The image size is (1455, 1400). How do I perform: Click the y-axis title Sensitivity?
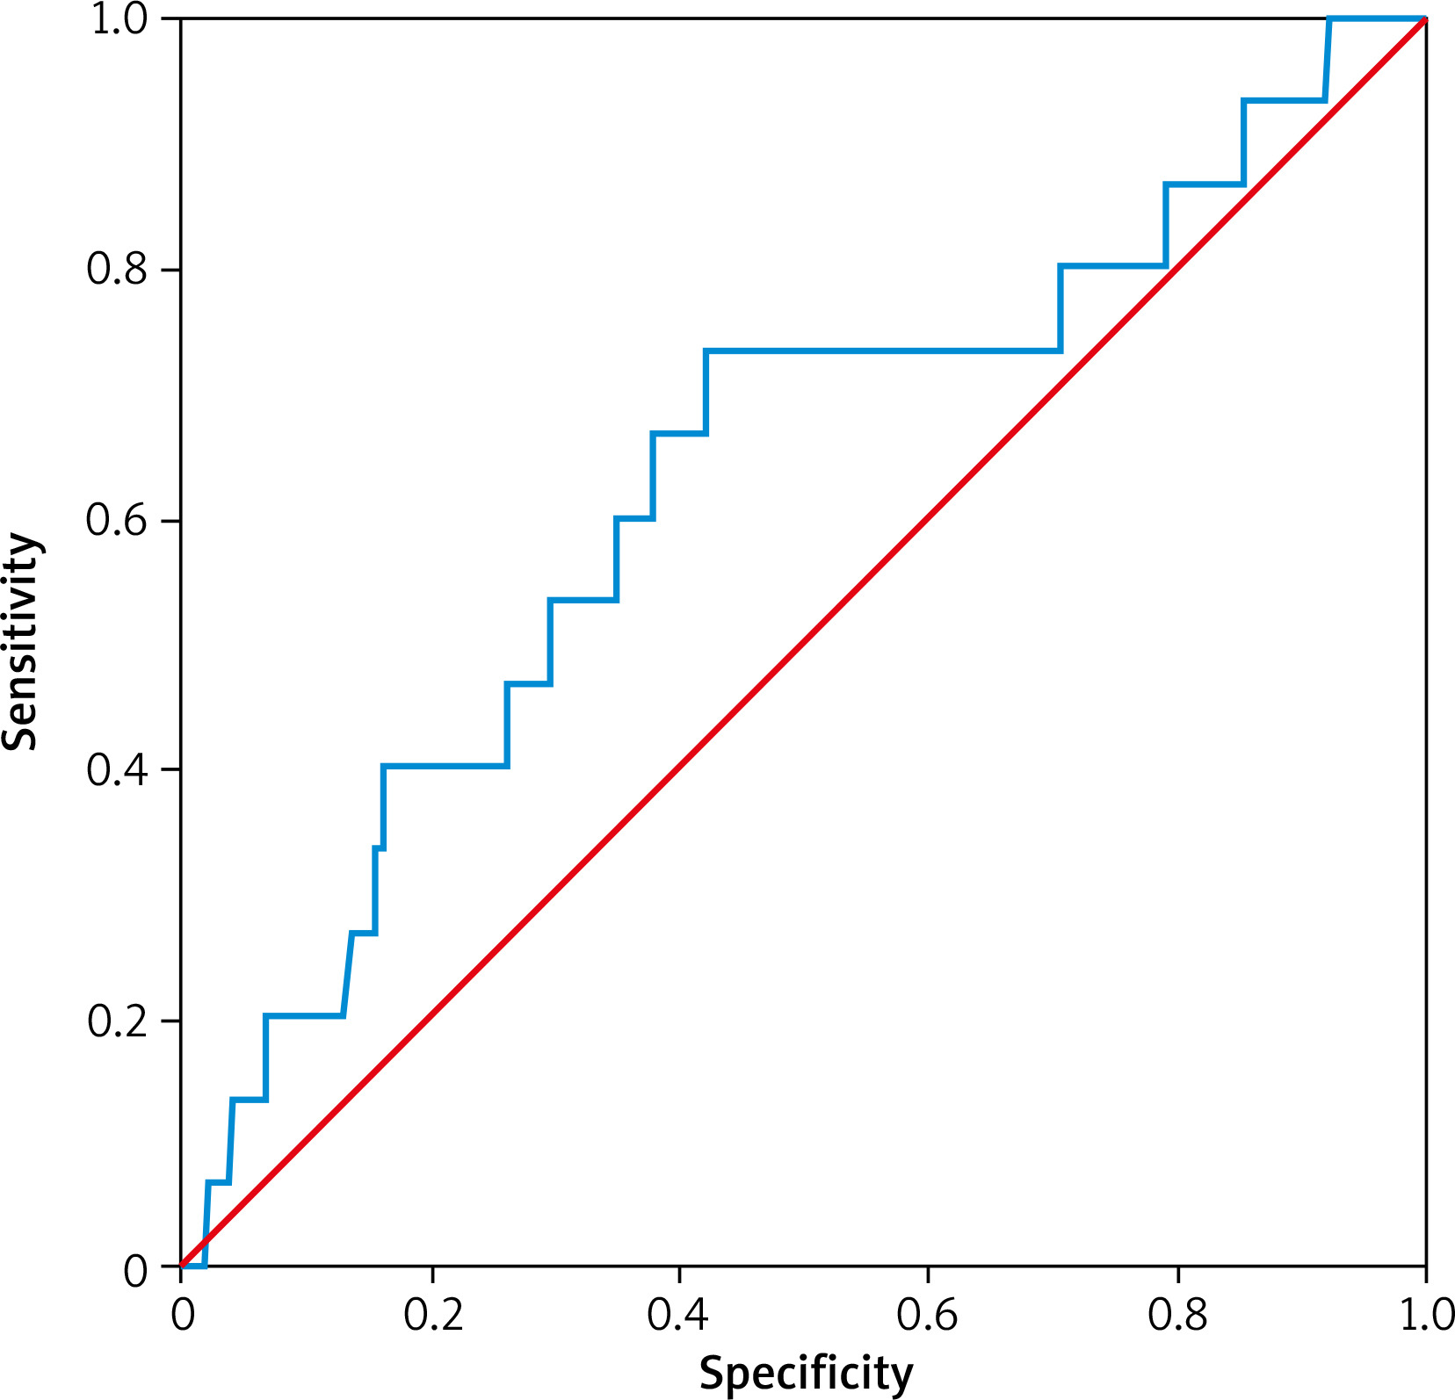[x=21, y=641]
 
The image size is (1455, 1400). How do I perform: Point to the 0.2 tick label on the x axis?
[x=431, y=1317]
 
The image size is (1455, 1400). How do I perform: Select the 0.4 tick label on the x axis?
[x=679, y=1317]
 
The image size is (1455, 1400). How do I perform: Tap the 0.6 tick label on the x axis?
[x=928, y=1317]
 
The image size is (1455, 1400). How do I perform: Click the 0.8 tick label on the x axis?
[x=1177, y=1317]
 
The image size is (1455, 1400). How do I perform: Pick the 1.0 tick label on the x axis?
[x=1425, y=1317]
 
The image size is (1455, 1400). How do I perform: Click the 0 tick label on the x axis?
[x=182, y=1317]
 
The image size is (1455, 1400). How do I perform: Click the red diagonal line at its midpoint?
[x=803, y=642]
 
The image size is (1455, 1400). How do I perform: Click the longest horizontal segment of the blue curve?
[x=883, y=350]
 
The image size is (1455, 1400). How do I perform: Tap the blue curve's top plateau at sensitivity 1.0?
[x=1377, y=18]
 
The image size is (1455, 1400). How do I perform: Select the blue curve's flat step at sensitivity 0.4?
[x=445, y=766]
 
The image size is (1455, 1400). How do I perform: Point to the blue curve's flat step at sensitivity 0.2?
[x=304, y=1016]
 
